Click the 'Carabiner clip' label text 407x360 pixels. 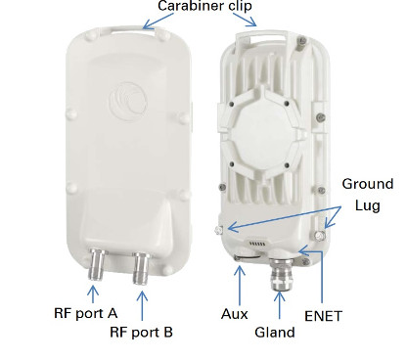click(x=204, y=6)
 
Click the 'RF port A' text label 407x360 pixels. click(x=85, y=313)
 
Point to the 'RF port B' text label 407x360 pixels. click(x=141, y=333)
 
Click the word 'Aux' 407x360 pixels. click(x=235, y=314)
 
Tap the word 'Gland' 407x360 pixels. click(x=275, y=333)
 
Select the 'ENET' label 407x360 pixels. click(x=323, y=316)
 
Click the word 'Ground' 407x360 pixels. click(x=368, y=184)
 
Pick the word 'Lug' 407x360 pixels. click(x=367, y=205)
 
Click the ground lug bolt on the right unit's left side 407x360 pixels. click(x=218, y=230)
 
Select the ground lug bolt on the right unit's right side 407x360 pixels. click(x=320, y=235)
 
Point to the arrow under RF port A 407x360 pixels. click(x=93, y=294)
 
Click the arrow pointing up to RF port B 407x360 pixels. click(x=142, y=305)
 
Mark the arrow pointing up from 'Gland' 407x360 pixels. click(x=280, y=305)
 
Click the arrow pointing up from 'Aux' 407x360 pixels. click(x=240, y=286)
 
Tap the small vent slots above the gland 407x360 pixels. click(x=257, y=244)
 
